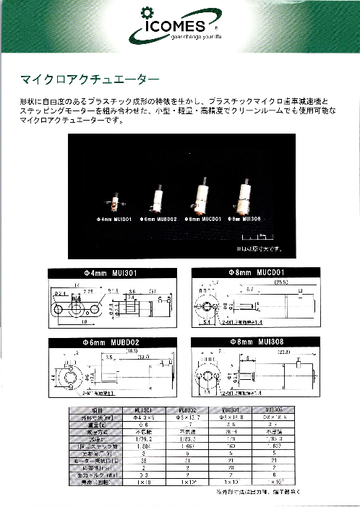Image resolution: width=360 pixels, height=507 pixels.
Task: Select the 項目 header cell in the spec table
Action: (86, 410)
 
